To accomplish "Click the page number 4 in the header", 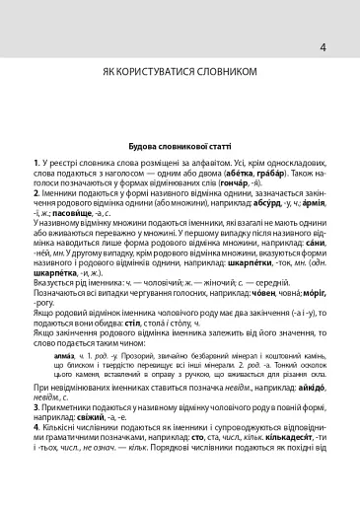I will pos(323,45).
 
